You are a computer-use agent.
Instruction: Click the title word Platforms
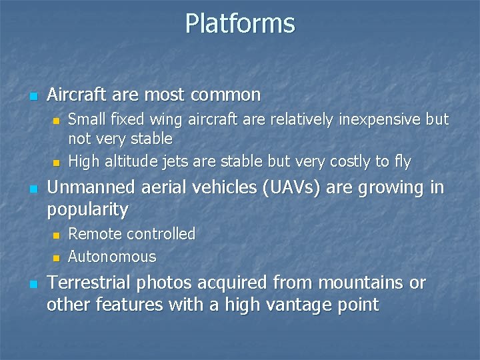coord(239,23)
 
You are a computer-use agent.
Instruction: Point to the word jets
coord(180,161)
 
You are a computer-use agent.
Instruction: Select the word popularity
coord(87,211)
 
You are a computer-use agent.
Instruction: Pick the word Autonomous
coord(112,257)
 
